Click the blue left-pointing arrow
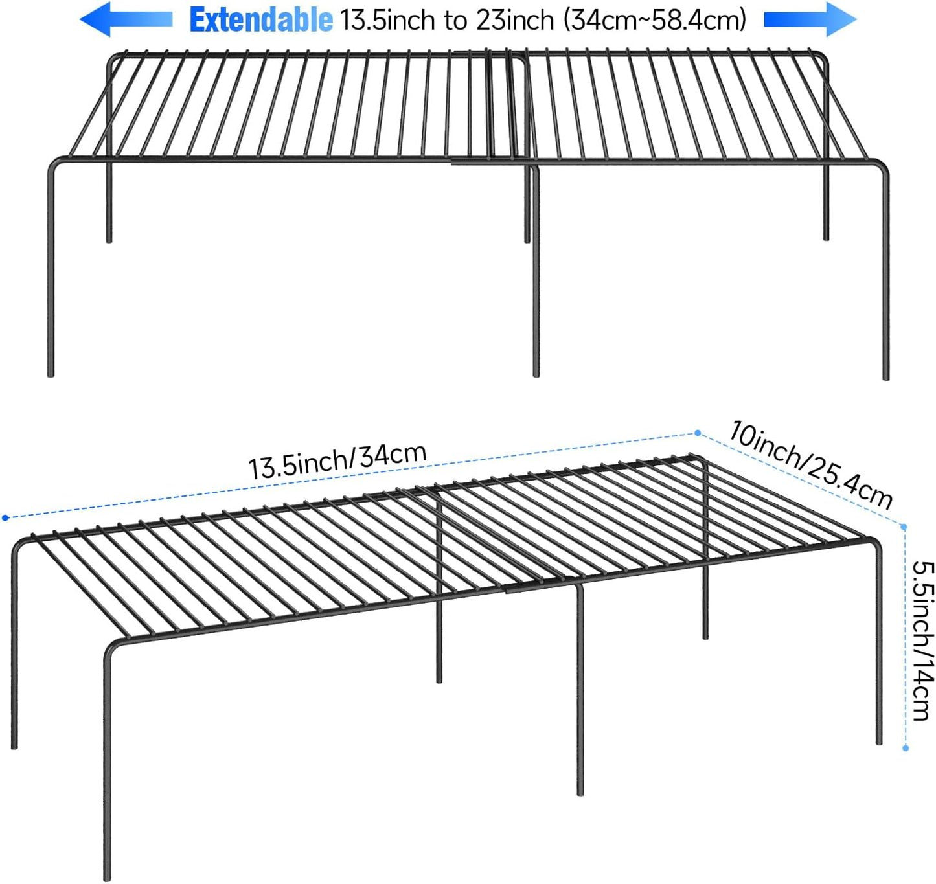pos(126,19)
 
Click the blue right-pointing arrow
pos(810,19)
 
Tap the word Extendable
pos(261,21)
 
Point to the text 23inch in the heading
pos(515,21)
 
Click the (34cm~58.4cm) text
pos(655,21)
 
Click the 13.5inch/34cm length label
pos(337,460)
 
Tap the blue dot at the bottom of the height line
pos(906,748)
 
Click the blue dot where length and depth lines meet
pos(698,433)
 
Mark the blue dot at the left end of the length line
pos(5,517)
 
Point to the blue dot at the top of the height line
pos(904,527)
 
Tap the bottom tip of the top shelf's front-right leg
pos(886,377)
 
